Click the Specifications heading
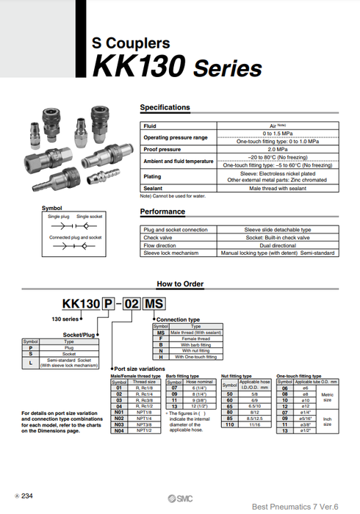[x=165, y=108]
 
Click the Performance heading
[x=162, y=212]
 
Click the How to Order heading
[x=180, y=284]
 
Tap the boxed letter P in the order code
[x=109, y=304]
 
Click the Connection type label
[x=178, y=320]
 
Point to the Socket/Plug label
[x=79, y=335]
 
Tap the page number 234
[x=27, y=497]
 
